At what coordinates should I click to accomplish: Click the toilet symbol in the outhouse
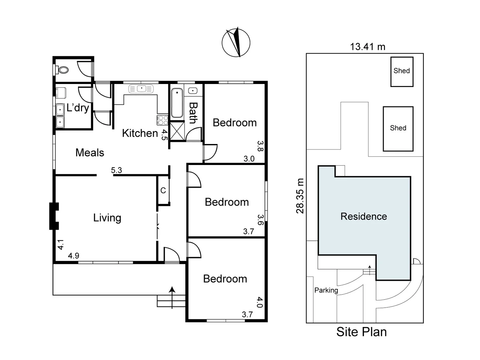click(62, 70)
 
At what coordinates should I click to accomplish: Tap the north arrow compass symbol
click(236, 42)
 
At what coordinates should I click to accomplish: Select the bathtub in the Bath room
click(177, 103)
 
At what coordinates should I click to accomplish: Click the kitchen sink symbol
click(141, 89)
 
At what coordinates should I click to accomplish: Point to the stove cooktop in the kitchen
click(163, 120)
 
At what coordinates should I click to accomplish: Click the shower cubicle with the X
click(177, 131)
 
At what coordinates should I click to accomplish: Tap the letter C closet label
click(163, 190)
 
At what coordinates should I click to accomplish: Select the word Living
click(107, 218)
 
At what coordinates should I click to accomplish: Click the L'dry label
click(78, 108)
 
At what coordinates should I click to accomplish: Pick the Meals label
click(90, 153)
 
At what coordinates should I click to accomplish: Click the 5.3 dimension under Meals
click(116, 170)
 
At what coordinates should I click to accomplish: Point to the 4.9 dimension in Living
click(73, 256)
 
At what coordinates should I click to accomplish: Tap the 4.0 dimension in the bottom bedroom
click(260, 302)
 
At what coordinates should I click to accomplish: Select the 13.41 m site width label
click(367, 47)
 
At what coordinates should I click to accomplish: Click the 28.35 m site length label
click(300, 196)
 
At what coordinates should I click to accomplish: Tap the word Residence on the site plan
click(364, 216)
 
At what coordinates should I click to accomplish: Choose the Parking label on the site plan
click(326, 290)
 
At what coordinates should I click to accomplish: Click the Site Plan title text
click(361, 332)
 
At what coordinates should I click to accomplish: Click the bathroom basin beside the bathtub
click(193, 91)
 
